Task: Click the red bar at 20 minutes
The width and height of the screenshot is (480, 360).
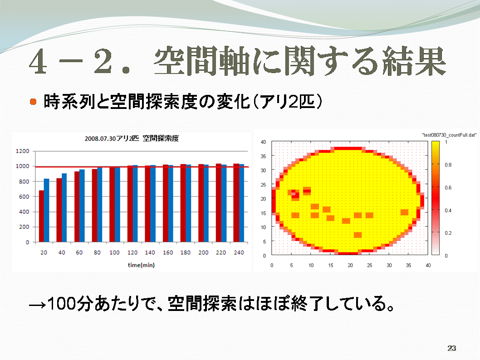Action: click(41, 216)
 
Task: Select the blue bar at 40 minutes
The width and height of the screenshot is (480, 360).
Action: click(64, 208)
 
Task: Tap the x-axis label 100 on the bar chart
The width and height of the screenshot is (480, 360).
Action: click(114, 252)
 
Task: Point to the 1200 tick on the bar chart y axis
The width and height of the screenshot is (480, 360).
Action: click(22, 151)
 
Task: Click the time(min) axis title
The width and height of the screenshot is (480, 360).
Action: click(141, 265)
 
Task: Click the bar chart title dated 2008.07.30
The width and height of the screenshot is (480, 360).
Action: click(132, 138)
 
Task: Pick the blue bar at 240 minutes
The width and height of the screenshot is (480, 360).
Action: click(241, 203)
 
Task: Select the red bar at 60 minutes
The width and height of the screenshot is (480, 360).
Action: click(77, 207)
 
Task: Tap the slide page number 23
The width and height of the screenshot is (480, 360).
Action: click(452, 348)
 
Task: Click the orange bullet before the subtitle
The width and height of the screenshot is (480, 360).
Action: click(33, 101)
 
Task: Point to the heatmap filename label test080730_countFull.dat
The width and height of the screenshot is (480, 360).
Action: click(449, 135)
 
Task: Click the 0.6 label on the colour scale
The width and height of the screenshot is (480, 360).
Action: click(448, 187)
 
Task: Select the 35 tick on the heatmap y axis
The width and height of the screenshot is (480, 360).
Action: click(263, 156)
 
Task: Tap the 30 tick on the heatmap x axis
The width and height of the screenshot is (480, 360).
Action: click(389, 265)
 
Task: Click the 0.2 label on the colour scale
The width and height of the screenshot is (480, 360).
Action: click(448, 233)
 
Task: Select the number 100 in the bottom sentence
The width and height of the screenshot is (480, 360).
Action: click(62, 304)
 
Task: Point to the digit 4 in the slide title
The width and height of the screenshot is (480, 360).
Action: click(39, 62)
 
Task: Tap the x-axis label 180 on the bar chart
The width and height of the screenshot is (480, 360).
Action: click(185, 252)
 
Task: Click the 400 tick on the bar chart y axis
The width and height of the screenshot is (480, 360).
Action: click(24, 212)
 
